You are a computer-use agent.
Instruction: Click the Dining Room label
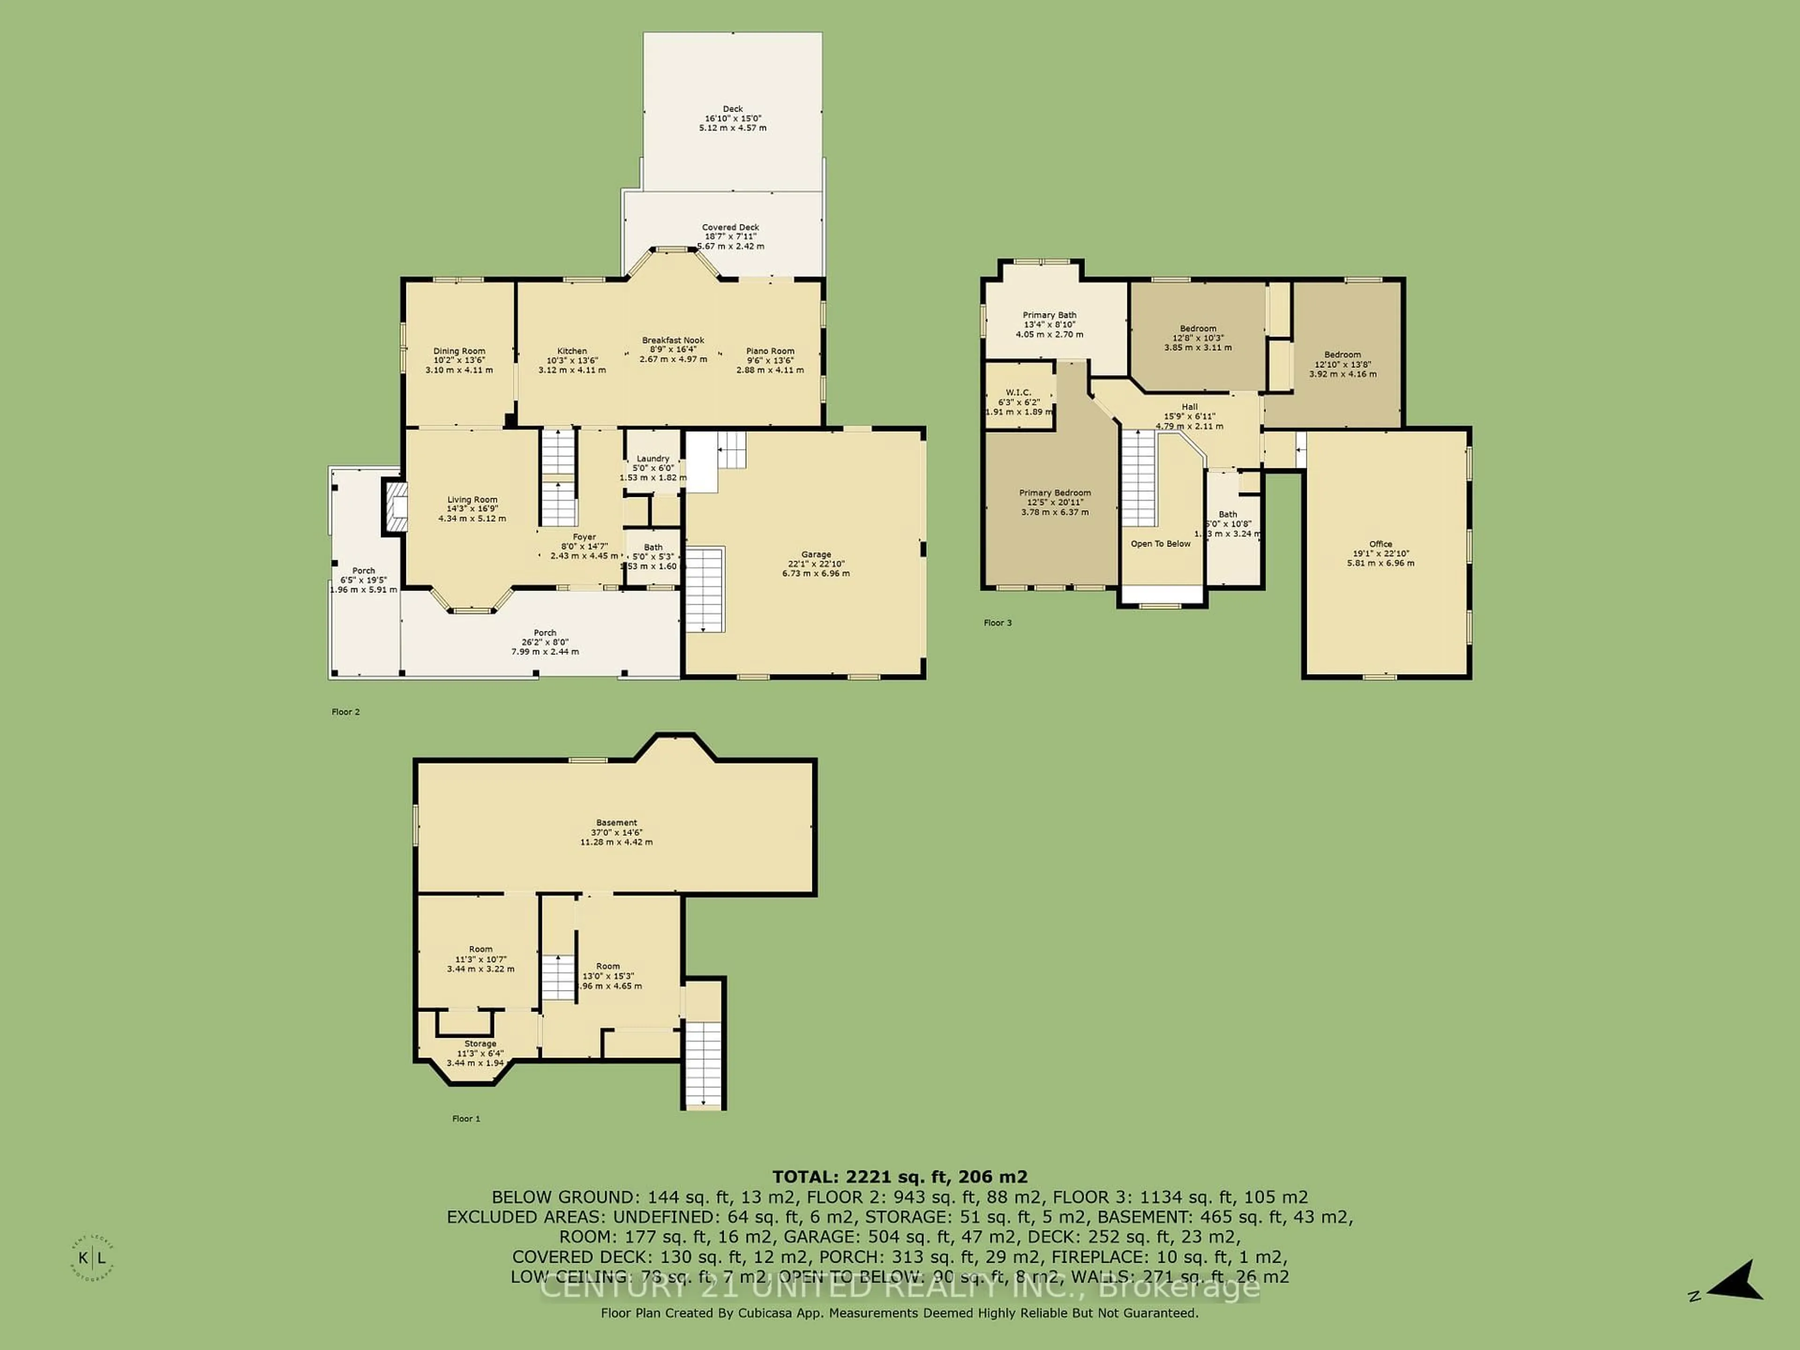coord(459,352)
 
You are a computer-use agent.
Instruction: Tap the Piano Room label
coord(770,352)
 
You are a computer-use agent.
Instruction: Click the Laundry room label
coord(652,459)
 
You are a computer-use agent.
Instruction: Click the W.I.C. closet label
coord(1018,392)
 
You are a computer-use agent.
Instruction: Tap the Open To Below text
coord(1161,544)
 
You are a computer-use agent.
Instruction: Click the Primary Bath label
coord(1049,315)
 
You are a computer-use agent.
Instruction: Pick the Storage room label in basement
coord(480,1044)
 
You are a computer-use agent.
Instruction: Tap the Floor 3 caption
coord(997,623)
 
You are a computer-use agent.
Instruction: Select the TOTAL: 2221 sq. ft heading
coord(899,1177)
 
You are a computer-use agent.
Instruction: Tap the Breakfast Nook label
coord(673,341)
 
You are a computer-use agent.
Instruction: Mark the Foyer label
coord(584,537)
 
